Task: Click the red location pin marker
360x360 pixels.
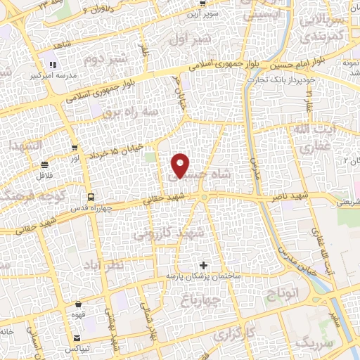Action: coord(181,165)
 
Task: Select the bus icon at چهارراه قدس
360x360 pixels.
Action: coord(90,197)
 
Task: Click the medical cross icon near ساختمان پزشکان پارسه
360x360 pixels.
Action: coord(204,265)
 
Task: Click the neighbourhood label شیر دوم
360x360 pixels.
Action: coord(105,60)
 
